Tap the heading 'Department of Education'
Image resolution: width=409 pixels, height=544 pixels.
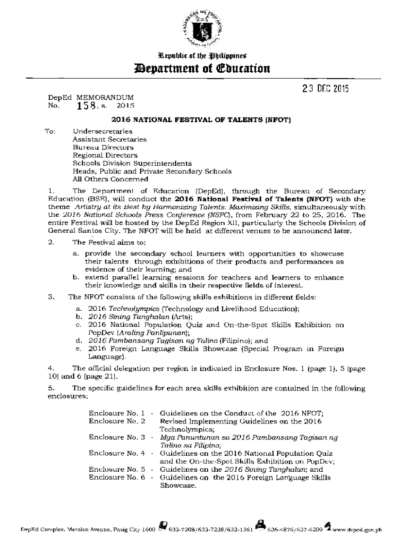(204, 68)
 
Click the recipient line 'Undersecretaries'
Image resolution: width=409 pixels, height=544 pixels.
(103, 131)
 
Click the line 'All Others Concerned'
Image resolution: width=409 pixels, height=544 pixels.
(103, 180)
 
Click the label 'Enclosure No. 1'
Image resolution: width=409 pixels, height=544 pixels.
(117, 413)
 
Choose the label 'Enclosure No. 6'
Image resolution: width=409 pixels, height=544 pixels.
(117, 478)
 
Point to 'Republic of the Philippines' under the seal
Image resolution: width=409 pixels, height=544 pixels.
(204, 55)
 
